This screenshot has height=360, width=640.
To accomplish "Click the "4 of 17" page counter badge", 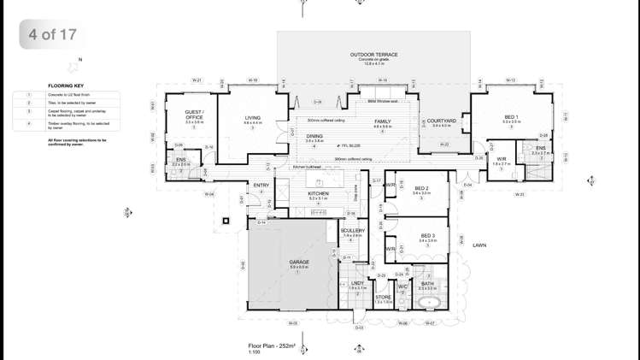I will coord(53,35).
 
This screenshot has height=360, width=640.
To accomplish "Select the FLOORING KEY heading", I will coord(66,86).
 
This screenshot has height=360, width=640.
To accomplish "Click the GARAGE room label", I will coord(299,262).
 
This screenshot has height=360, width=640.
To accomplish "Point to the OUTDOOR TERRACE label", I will coord(373,55).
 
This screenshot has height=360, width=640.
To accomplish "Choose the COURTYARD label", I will coord(441,121).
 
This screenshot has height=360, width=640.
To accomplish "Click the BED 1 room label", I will coord(511,117).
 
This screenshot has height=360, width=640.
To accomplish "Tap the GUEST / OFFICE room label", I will coord(195,115).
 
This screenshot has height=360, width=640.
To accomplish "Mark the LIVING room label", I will coord(253,118).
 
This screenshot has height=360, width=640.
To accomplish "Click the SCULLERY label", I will coord(352,231).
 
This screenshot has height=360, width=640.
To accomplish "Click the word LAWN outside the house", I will coord(479,245).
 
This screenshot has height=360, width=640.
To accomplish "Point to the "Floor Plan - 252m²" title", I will coord(271,346).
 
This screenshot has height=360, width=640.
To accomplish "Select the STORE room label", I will coord(383,298).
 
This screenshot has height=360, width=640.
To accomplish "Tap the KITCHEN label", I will coord(318,193).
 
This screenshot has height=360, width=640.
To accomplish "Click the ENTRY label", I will coord(261,186).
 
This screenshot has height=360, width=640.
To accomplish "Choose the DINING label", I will coord(314,136).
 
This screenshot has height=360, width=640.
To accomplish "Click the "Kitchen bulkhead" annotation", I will coord(306,168).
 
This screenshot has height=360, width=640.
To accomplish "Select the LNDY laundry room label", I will coord(357,283).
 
